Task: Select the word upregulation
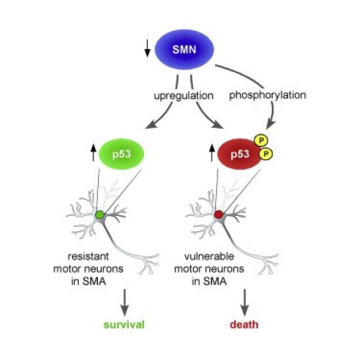(x=183, y=96)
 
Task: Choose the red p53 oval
(x=238, y=154)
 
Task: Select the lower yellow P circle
(x=268, y=154)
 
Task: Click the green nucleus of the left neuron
(x=100, y=214)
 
